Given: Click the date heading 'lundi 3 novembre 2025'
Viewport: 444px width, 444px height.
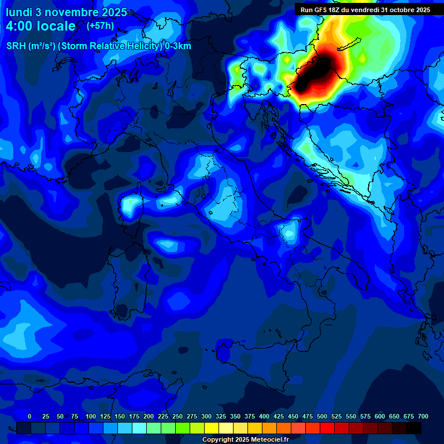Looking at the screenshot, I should (66, 12).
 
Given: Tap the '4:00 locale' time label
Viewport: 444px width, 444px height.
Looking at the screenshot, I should (40, 26).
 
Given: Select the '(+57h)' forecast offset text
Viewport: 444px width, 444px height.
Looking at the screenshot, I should (100, 26).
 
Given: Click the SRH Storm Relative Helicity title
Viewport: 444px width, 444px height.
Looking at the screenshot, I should (98, 46).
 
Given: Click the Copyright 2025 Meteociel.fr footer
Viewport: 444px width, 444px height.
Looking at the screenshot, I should (245, 439).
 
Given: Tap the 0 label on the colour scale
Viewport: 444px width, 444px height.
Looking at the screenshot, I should (29, 416).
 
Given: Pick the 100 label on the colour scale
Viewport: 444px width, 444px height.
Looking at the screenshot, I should (91, 416).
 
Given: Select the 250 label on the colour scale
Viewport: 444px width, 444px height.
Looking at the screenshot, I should (177, 416).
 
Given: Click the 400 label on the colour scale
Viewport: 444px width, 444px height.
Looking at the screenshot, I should (264, 416).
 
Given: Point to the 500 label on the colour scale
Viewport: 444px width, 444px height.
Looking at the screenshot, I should (322, 416).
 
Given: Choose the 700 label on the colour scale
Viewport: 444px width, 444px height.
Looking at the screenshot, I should (423, 416).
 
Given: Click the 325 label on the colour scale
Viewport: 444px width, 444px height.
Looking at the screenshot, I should (221, 416).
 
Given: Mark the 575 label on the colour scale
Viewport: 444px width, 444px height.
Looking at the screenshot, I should (365, 416).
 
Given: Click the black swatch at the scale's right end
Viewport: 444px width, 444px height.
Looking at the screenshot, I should (414, 428).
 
